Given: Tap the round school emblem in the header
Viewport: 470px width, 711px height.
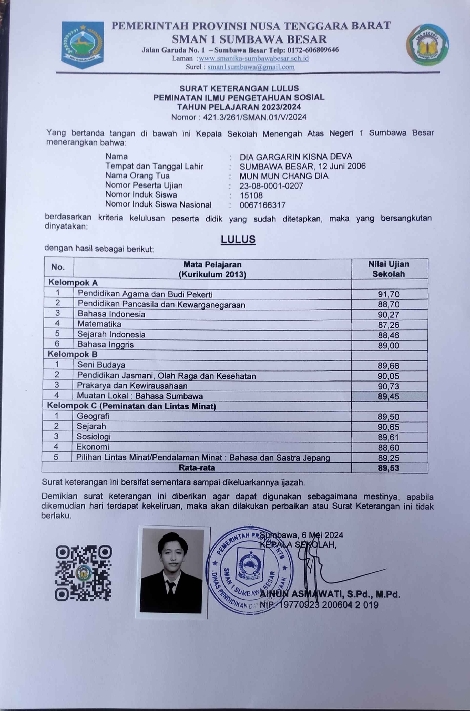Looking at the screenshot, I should pos(427,45).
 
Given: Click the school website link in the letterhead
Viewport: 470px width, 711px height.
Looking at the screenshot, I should pos(254,58).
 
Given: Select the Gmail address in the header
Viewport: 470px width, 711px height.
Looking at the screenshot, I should pos(251,67).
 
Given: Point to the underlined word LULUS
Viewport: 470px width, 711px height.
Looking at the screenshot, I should pos(238,239).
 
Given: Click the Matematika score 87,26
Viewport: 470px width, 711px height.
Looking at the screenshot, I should pos(389,325).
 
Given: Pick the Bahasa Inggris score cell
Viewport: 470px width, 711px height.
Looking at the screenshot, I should pos(389,345).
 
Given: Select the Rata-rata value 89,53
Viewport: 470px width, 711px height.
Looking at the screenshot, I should pos(389,468).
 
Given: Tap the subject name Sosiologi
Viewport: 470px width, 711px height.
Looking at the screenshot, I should pos(94,437).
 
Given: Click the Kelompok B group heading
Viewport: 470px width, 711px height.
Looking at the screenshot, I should pos(73,354).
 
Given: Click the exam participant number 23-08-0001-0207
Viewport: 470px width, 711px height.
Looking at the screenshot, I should pos(271,186).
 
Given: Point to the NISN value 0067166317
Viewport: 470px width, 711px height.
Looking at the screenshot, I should pos(263,205).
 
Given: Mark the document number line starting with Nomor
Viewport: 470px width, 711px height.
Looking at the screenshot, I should pos(239,117).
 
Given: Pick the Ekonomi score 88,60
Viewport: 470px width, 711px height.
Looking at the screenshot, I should pos(389,448).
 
